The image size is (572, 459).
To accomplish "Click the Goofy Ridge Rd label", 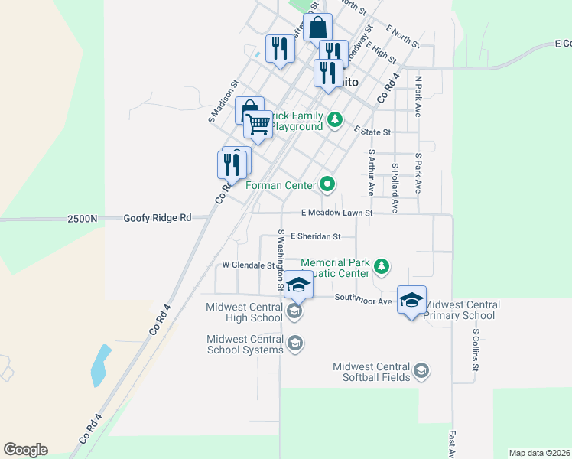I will click(158, 218).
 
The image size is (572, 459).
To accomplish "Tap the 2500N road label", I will click(83, 219).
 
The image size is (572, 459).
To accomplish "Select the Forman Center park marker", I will click(327, 184).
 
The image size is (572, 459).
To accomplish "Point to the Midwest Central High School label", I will click(245, 312).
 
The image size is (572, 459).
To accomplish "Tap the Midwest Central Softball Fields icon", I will click(420, 372).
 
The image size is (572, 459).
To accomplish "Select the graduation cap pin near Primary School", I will click(411, 301).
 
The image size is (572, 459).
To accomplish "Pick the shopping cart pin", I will click(258, 123).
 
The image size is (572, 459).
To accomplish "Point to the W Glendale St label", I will click(249, 265).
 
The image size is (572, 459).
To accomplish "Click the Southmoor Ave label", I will click(363, 300).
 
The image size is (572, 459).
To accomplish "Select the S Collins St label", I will click(475, 350).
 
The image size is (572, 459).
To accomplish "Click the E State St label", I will click(372, 132).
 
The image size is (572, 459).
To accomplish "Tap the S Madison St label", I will click(223, 103).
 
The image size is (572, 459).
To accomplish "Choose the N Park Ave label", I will click(418, 96).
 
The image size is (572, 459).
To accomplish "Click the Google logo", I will click(26, 450).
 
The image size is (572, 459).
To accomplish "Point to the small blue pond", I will click(99, 365).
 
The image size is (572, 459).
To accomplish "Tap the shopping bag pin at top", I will click(317, 28).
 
